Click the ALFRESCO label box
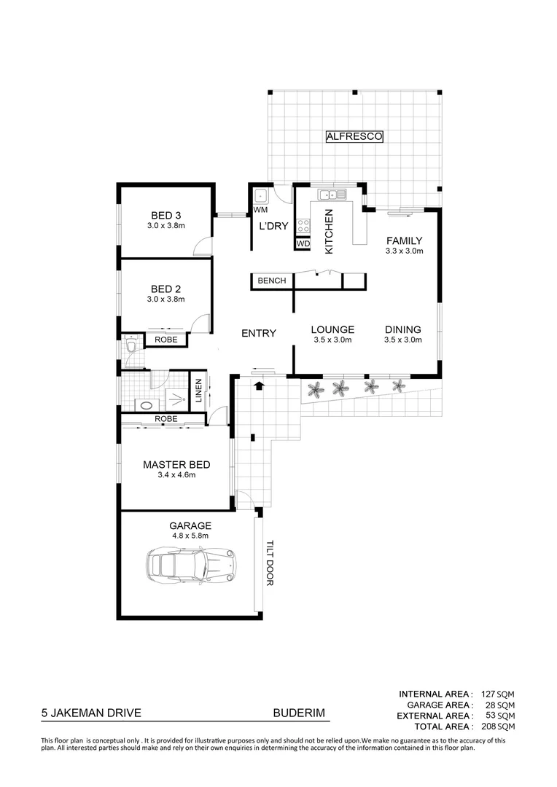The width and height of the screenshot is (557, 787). [354, 136]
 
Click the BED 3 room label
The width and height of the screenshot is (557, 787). [165, 215]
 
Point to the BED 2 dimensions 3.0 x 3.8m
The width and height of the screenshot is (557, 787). [165, 299]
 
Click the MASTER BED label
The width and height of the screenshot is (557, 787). [176, 464]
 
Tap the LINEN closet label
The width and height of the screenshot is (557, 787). [198, 389]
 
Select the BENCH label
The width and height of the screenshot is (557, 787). [272, 281]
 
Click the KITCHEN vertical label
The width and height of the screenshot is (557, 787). [329, 231]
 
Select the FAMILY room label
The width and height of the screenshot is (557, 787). [405, 240]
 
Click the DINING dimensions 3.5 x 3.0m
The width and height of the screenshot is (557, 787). [403, 340]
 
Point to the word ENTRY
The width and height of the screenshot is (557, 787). [259, 334]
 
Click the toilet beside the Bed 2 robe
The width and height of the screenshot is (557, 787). [131, 345]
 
